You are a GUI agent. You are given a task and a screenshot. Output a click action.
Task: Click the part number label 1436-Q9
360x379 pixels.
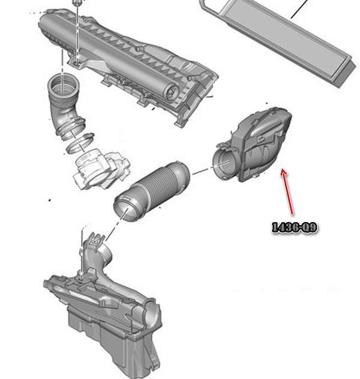(x=295, y=228)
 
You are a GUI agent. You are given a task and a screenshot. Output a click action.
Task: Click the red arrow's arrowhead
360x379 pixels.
(x=284, y=172)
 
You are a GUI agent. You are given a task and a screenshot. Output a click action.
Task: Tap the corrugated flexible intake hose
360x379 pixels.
(x=152, y=190)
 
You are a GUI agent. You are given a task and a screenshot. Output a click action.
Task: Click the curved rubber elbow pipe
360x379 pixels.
(x=65, y=106)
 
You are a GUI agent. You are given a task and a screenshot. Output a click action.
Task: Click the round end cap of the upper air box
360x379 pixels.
(x=172, y=91)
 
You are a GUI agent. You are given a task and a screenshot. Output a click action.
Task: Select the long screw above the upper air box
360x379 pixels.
(x=77, y=31)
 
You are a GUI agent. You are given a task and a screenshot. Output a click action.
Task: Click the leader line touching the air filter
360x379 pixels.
(x=299, y=9)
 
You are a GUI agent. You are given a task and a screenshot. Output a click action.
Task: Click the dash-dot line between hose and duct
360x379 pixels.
(x=202, y=171)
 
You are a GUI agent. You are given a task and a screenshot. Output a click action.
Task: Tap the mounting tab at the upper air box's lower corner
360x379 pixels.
(x=180, y=123)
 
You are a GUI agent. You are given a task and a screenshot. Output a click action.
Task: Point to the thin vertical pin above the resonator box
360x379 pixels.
(x=82, y=252)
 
